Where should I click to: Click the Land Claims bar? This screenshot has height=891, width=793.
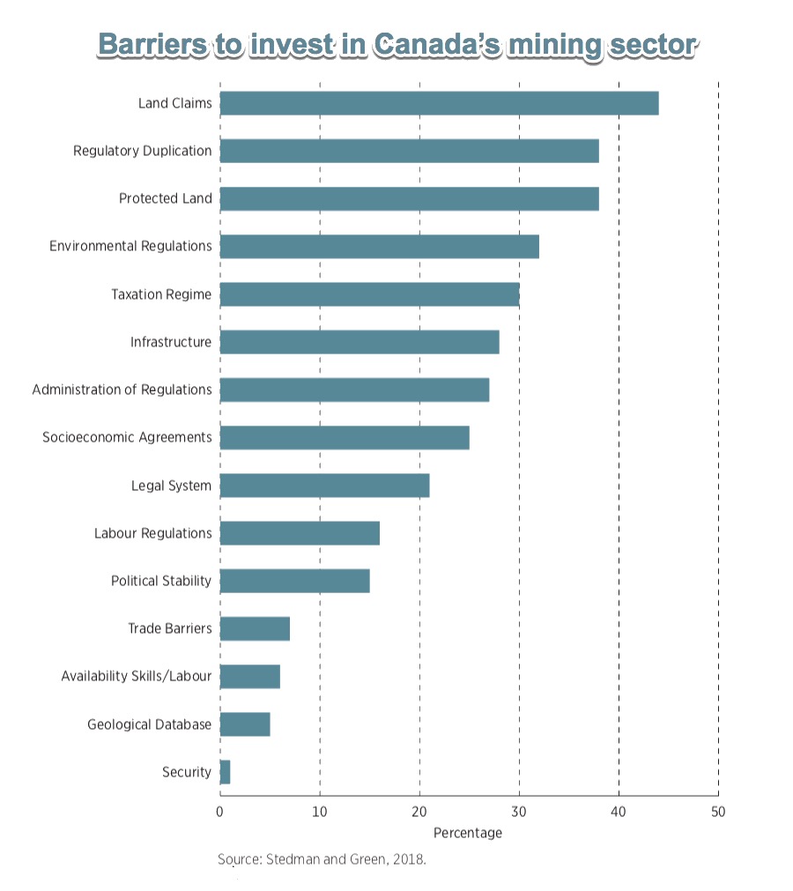(439, 103)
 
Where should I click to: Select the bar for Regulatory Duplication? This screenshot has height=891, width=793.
(409, 151)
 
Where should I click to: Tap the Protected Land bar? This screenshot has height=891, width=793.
(409, 198)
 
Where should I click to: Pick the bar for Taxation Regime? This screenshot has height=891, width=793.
(369, 294)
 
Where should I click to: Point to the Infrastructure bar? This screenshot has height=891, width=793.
(359, 342)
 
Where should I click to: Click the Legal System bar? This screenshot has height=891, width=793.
(324, 486)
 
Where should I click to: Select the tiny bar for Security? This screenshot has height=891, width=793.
(225, 772)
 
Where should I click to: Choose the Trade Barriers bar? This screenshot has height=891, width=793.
(255, 628)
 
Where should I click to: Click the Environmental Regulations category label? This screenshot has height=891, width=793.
(130, 246)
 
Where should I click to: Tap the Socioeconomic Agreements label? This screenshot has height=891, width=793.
(127, 437)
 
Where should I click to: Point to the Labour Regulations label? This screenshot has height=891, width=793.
(152, 533)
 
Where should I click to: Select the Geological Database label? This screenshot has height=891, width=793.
(149, 724)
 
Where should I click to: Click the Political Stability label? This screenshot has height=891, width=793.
(161, 581)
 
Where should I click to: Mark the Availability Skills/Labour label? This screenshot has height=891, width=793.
(137, 677)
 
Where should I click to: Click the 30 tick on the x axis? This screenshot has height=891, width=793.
(519, 812)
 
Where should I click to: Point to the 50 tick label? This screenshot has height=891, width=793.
(718, 812)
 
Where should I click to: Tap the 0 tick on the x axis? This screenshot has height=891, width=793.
(219, 812)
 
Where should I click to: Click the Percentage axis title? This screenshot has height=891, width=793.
(468, 833)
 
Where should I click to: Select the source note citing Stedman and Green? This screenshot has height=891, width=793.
(322, 859)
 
